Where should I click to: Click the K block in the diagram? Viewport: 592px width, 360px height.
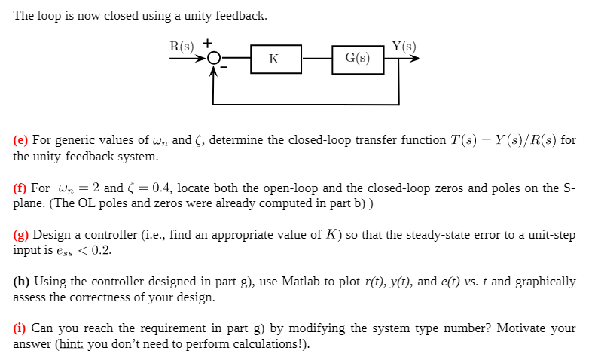pos(273,59)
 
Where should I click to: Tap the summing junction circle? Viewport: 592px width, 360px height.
pos(215,59)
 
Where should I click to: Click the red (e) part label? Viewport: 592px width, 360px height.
pos(20,140)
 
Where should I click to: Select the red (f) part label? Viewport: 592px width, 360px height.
pos(20,188)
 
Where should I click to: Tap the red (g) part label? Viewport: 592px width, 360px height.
pos(21,235)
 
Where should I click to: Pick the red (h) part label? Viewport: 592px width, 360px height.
pos(21,282)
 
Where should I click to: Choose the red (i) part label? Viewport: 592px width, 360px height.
pos(20,328)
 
